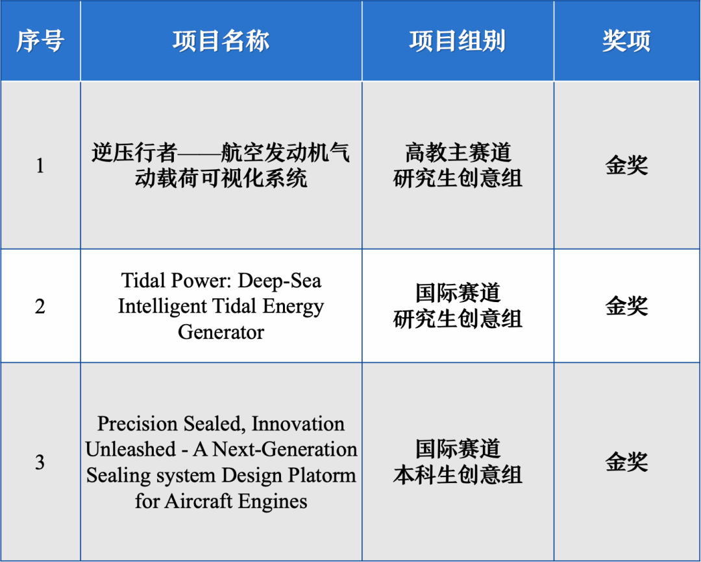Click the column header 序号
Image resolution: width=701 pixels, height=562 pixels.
tap(40, 41)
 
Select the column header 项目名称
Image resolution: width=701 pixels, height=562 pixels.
tap(221, 41)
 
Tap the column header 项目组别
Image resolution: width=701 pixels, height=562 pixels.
tap(458, 41)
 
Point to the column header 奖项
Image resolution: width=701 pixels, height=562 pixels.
tap(626, 41)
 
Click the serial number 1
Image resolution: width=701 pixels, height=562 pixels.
tap(40, 165)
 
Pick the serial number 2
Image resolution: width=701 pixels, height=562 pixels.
tap(40, 306)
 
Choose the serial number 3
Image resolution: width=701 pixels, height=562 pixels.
tap(40, 462)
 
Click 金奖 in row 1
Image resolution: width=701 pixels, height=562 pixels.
tap(626, 165)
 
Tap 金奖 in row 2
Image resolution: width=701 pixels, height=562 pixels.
tap(626, 306)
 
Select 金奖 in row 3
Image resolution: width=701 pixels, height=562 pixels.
tap(626, 462)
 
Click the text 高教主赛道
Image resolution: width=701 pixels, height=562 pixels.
tap(458, 153)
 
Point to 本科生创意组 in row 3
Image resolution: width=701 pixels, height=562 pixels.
tap(458, 474)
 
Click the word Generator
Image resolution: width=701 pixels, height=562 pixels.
tap(221, 332)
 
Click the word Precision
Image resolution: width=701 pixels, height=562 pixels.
tap(137, 424)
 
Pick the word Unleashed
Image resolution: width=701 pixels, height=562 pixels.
tap(130, 449)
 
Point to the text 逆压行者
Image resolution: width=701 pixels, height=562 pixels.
tap(134, 153)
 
